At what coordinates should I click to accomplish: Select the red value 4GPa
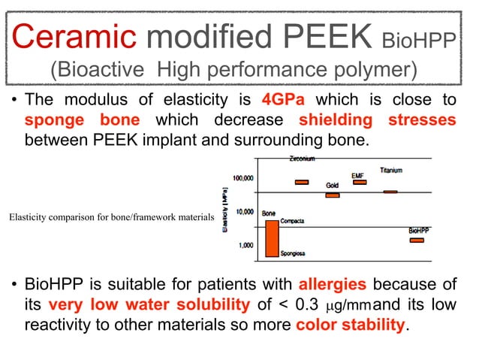pyautogui.click(x=285, y=100)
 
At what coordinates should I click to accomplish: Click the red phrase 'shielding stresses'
pyautogui.click(x=377, y=120)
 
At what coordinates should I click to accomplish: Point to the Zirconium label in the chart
pyautogui.click(x=302, y=159)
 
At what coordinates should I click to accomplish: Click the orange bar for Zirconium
pyautogui.click(x=302, y=182)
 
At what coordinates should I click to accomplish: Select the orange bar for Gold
pyautogui.click(x=332, y=195)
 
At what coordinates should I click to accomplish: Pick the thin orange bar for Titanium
pyautogui.click(x=390, y=192)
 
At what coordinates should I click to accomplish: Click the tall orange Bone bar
pyautogui.click(x=271, y=237)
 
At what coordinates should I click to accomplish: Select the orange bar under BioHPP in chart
pyautogui.click(x=417, y=240)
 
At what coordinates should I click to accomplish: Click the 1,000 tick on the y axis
pyautogui.click(x=246, y=245)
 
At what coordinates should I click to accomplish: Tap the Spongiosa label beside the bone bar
pyautogui.click(x=292, y=254)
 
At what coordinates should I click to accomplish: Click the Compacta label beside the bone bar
pyautogui.click(x=292, y=221)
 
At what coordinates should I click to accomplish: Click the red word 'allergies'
pyautogui.click(x=333, y=285)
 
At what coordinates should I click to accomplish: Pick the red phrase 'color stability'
pyautogui.click(x=351, y=325)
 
